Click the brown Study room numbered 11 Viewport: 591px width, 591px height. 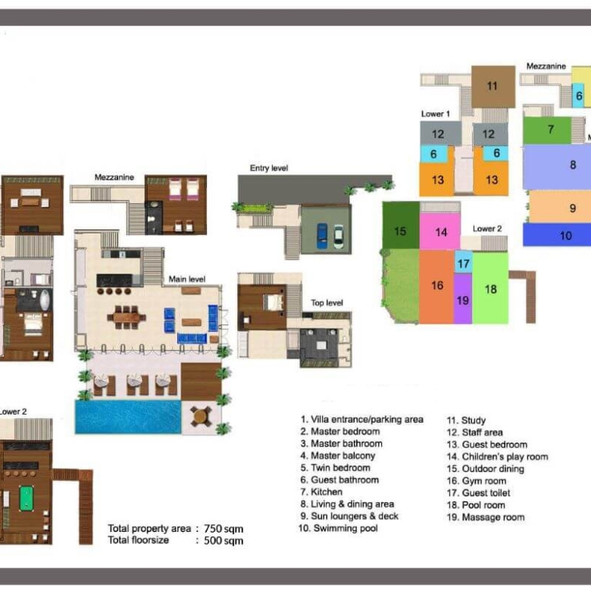[493, 86]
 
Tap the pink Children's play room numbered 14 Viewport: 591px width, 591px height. [440, 231]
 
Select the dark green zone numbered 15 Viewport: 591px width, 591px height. [401, 225]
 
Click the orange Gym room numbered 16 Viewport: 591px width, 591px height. [436, 286]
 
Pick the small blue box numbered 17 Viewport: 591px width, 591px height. [463, 262]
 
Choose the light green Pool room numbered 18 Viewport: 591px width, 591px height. [490, 288]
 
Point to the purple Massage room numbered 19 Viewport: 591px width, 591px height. [463, 299]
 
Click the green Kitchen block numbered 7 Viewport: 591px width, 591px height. [547, 130]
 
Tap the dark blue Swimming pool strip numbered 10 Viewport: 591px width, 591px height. [557, 235]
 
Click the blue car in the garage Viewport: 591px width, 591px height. [322, 236]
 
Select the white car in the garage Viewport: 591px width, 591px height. [339, 236]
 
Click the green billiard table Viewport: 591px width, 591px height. [26, 499]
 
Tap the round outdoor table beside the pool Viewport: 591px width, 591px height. [200, 417]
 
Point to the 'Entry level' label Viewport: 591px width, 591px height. [269, 168]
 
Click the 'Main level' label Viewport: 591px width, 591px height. [187, 280]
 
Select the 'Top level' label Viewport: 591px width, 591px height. [327, 303]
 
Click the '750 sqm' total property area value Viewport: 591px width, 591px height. [224, 529]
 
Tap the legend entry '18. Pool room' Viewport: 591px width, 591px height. [476, 505]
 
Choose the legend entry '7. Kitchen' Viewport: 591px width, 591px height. [321, 492]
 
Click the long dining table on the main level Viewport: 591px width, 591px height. [127, 317]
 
